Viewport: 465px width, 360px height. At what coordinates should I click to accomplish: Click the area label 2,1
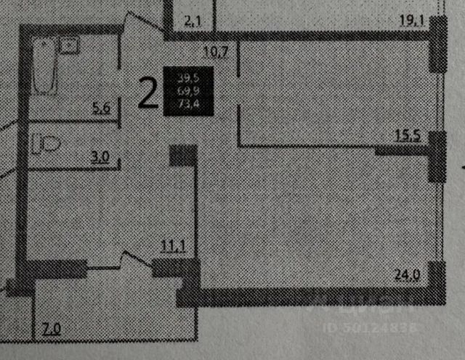[193, 22]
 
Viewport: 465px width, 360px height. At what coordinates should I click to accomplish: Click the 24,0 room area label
[409, 275]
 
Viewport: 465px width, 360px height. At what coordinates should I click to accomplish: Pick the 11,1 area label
[173, 246]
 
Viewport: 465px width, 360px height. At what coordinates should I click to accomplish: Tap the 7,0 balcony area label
[51, 330]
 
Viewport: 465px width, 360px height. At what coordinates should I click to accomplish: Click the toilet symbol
[45, 143]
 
